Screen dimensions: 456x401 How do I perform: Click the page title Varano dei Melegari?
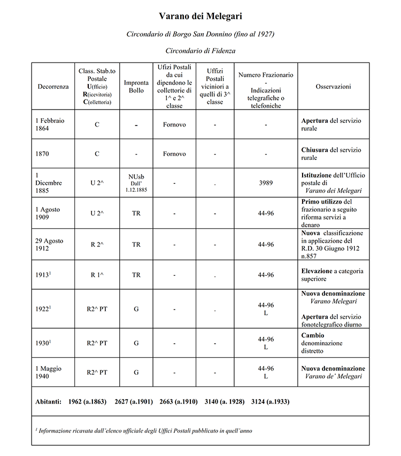200,17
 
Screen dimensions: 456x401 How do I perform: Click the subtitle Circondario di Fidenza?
200,51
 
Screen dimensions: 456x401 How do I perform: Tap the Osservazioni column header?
333,87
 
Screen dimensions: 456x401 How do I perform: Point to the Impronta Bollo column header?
136,87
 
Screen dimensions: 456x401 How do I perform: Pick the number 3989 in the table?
266,183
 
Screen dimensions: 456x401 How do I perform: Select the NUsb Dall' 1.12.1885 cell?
136,183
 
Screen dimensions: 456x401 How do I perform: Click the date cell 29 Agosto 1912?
49,244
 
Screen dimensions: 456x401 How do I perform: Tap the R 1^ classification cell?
97,275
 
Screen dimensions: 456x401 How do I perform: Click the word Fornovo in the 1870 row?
174,154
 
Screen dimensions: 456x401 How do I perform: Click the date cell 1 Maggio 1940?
49,373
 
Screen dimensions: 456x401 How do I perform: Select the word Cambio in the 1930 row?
313,335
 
